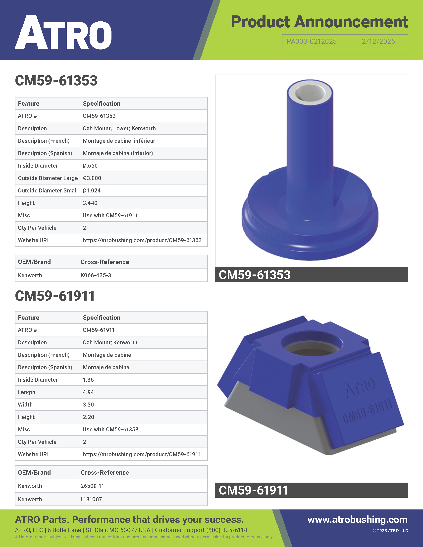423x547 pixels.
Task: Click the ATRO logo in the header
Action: click(x=63, y=33)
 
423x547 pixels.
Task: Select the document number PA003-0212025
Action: click(x=311, y=42)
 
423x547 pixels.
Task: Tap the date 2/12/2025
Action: click(x=378, y=42)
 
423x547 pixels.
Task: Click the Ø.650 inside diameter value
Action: click(x=90, y=166)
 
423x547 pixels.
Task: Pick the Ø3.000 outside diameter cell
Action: click(x=92, y=178)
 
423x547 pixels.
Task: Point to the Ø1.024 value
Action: click(x=92, y=191)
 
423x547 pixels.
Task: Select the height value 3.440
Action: click(x=90, y=203)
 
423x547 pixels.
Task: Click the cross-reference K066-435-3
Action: click(x=96, y=275)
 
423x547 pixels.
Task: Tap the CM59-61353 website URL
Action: click(x=142, y=240)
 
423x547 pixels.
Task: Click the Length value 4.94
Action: click(x=88, y=392)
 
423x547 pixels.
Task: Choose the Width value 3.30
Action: click(x=88, y=405)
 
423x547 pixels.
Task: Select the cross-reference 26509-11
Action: click(x=92, y=486)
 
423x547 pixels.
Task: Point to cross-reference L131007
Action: click(x=91, y=500)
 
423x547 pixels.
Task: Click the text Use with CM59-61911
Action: click(x=110, y=215)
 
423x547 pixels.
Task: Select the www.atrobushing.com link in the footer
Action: click(x=357, y=520)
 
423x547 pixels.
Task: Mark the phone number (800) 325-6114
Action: click(x=226, y=530)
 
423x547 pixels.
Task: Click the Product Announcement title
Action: click(x=319, y=22)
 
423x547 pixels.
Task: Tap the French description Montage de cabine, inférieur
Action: click(x=119, y=141)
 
